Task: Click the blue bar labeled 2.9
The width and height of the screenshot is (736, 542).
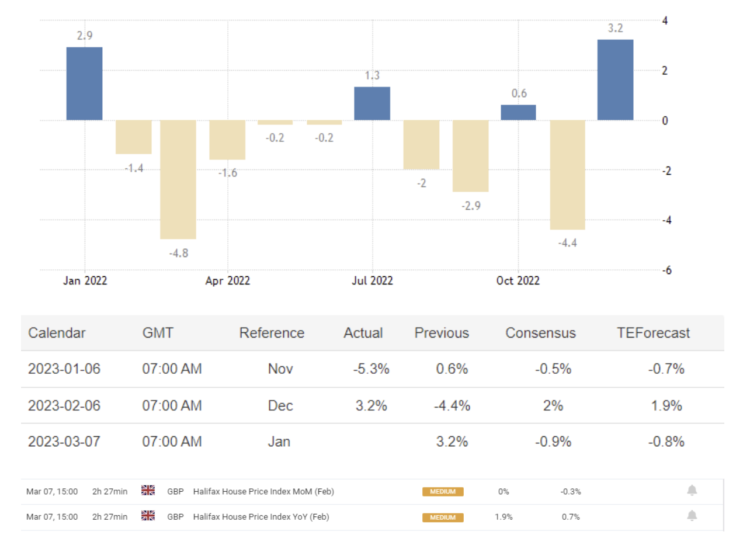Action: point(85,84)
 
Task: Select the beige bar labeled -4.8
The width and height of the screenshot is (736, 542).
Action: point(178,179)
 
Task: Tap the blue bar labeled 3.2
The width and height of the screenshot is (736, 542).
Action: point(615,80)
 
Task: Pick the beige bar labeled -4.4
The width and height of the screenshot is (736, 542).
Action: point(567,175)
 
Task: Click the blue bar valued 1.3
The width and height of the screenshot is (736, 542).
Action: point(372,103)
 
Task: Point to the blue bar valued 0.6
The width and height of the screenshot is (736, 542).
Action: point(518,113)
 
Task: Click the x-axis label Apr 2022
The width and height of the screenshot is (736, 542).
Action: point(227,281)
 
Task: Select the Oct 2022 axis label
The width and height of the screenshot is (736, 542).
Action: point(518,281)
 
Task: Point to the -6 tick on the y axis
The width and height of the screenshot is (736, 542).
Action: point(665,270)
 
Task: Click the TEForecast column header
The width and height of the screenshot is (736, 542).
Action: point(654,333)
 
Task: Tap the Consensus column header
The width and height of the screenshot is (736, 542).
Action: point(540,333)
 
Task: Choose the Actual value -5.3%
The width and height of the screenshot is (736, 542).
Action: point(371,369)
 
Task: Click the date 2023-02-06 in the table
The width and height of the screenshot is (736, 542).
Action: point(64,405)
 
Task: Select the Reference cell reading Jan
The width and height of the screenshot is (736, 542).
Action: point(279,442)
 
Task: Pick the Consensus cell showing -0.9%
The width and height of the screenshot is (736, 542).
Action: point(553,442)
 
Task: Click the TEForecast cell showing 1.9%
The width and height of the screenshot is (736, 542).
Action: point(666,405)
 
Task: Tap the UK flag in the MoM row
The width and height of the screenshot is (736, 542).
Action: point(148,491)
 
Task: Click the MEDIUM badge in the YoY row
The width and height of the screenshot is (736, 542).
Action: point(443,517)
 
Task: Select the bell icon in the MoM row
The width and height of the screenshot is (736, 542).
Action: point(692,491)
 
